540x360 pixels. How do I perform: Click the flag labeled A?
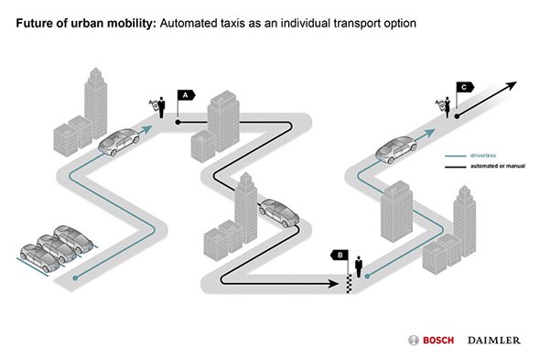pyautogui.click(x=186, y=95)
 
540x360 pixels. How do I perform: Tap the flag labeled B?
pyautogui.click(x=340, y=256)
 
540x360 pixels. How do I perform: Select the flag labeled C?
pyautogui.click(x=465, y=87)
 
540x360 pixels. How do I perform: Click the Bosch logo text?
pyautogui.click(x=438, y=341)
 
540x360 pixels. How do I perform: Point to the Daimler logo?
pyautogui.click(x=494, y=341)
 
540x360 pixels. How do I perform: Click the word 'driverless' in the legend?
pyautogui.click(x=483, y=156)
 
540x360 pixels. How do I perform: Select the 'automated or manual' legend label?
pyautogui.click(x=498, y=166)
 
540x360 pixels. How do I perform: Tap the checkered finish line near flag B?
pyautogui.click(x=349, y=284)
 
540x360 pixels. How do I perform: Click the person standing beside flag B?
pyautogui.click(x=359, y=267)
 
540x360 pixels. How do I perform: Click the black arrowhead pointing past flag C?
pyautogui.click(x=511, y=85)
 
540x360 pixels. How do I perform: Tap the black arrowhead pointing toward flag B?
pyautogui.click(x=333, y=284)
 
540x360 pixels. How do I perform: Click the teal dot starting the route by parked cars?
pyautogui.click(x=75, y=278)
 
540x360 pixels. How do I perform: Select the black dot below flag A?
pyautogui.click(x=178, y=122)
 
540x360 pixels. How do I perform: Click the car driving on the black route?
pyautogui.click(x=279, y=213)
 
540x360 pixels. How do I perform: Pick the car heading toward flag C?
pyautogui.click(x=396, y=149)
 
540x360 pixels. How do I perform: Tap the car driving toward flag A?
pyautogui.click(x=119, y=142)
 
